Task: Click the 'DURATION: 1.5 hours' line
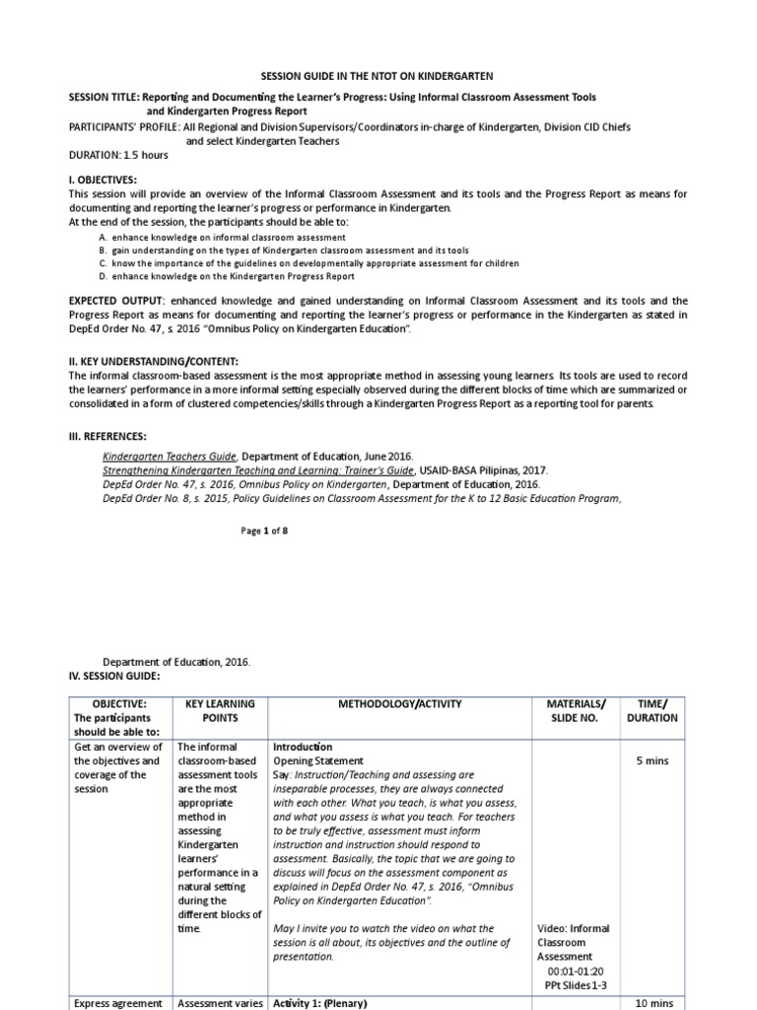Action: coord(117,156)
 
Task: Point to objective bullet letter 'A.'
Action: coord(103,238)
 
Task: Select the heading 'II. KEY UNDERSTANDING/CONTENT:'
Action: coord(153,362)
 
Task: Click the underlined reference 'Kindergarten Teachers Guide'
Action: coord(170,457)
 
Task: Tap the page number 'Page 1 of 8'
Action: coord(264,531)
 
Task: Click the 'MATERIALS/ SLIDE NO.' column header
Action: coord(576,710)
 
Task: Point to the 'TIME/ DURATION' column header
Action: coord(653,710)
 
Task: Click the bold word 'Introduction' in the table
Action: coord(303,748)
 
